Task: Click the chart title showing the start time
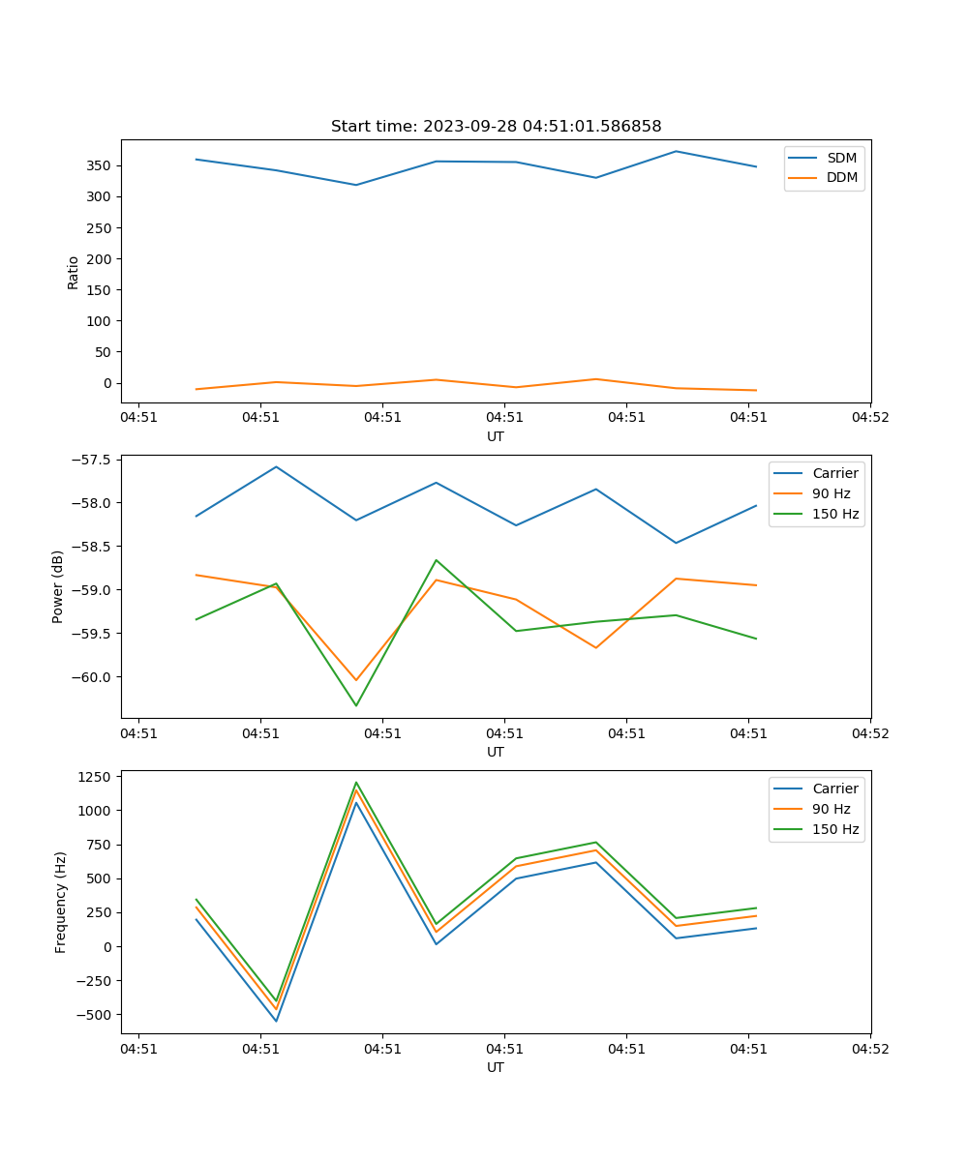(496, 127)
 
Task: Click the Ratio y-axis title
(74, 272)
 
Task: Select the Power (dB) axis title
(59, 586)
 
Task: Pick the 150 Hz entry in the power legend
(835, 514)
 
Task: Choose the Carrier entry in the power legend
(834, 473)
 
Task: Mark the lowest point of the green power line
(356, 705)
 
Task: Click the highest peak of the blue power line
(276, 466)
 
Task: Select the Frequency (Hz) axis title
(61, 902)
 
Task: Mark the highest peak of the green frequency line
(356, 783)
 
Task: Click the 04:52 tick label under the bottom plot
(869, 1048)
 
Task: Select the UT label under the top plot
(496, 436)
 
